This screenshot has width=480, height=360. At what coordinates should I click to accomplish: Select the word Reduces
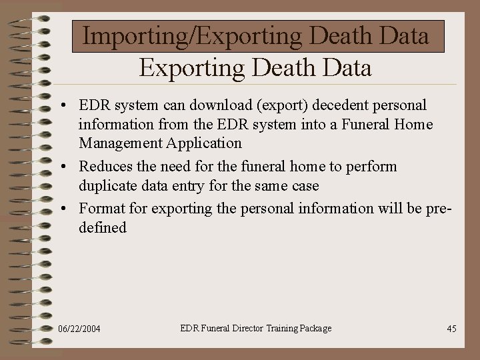tap(107, 166)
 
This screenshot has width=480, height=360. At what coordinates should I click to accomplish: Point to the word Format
tap(101, 208)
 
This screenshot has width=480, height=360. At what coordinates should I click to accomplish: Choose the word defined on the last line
tap(102, 227)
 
